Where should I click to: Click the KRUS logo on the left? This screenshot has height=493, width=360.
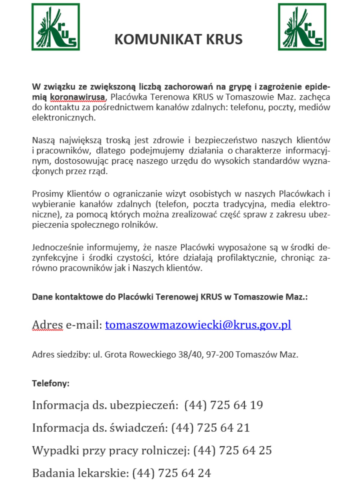55,27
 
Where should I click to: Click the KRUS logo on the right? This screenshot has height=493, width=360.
302,27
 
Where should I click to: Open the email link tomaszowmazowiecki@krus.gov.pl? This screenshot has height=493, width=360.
198,325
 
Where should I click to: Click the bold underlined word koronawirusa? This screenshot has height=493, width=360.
77,97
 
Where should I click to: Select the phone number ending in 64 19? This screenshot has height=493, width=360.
223,405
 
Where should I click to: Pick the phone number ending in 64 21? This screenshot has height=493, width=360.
210,428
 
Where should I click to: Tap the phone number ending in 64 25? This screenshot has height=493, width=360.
232,450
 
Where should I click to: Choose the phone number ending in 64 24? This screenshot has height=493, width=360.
171,473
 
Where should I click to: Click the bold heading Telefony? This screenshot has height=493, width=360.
51,383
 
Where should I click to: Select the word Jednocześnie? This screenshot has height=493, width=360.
58,248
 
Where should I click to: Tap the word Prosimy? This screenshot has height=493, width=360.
48,194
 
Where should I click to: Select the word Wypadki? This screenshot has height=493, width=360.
55,450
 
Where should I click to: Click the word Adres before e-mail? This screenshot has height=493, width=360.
47,325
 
